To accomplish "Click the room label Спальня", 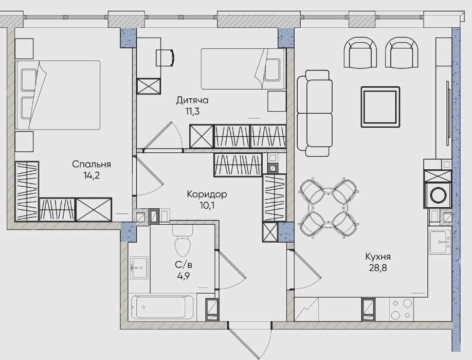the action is click(x=92, y=165).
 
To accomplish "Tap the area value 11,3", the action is click(x=192, y=112).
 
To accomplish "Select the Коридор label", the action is click(x=207, y=194).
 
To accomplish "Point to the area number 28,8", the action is click(x=378, y=268).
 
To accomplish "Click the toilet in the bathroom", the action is click(x=183, y=241).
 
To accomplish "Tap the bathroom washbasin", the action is click(x=139, y=267).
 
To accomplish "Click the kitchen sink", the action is click(x=440, y=242).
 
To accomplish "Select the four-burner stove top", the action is click(x=402, y=309).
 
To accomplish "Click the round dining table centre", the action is click(x=329, y=208).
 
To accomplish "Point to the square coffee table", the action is click(x=380, y=107).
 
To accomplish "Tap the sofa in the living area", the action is click(x=315, y=113).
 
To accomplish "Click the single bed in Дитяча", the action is click(x=243, y=69).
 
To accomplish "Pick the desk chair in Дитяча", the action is click(x=165, y=58).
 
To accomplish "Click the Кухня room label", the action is click(x=378, y=257).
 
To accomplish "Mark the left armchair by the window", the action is click(x=360, y=52).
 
